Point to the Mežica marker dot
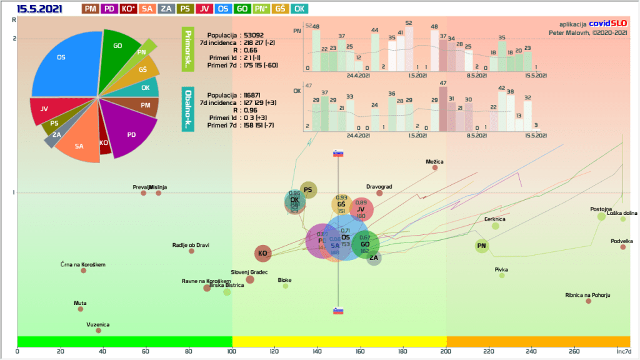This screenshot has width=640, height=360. tap(435, 167)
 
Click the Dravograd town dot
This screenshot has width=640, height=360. tap(379, 193)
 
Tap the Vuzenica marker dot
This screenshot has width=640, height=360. tap(99, 331)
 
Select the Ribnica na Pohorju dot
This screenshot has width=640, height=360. tap(588, 301)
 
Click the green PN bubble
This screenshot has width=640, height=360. tap(481, 246)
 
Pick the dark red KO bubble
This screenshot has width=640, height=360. tap(263, 253)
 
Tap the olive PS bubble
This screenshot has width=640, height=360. tap(308, 189)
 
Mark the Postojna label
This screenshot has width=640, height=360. tap(601, 209)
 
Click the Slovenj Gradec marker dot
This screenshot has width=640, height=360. tap(250, 279)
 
